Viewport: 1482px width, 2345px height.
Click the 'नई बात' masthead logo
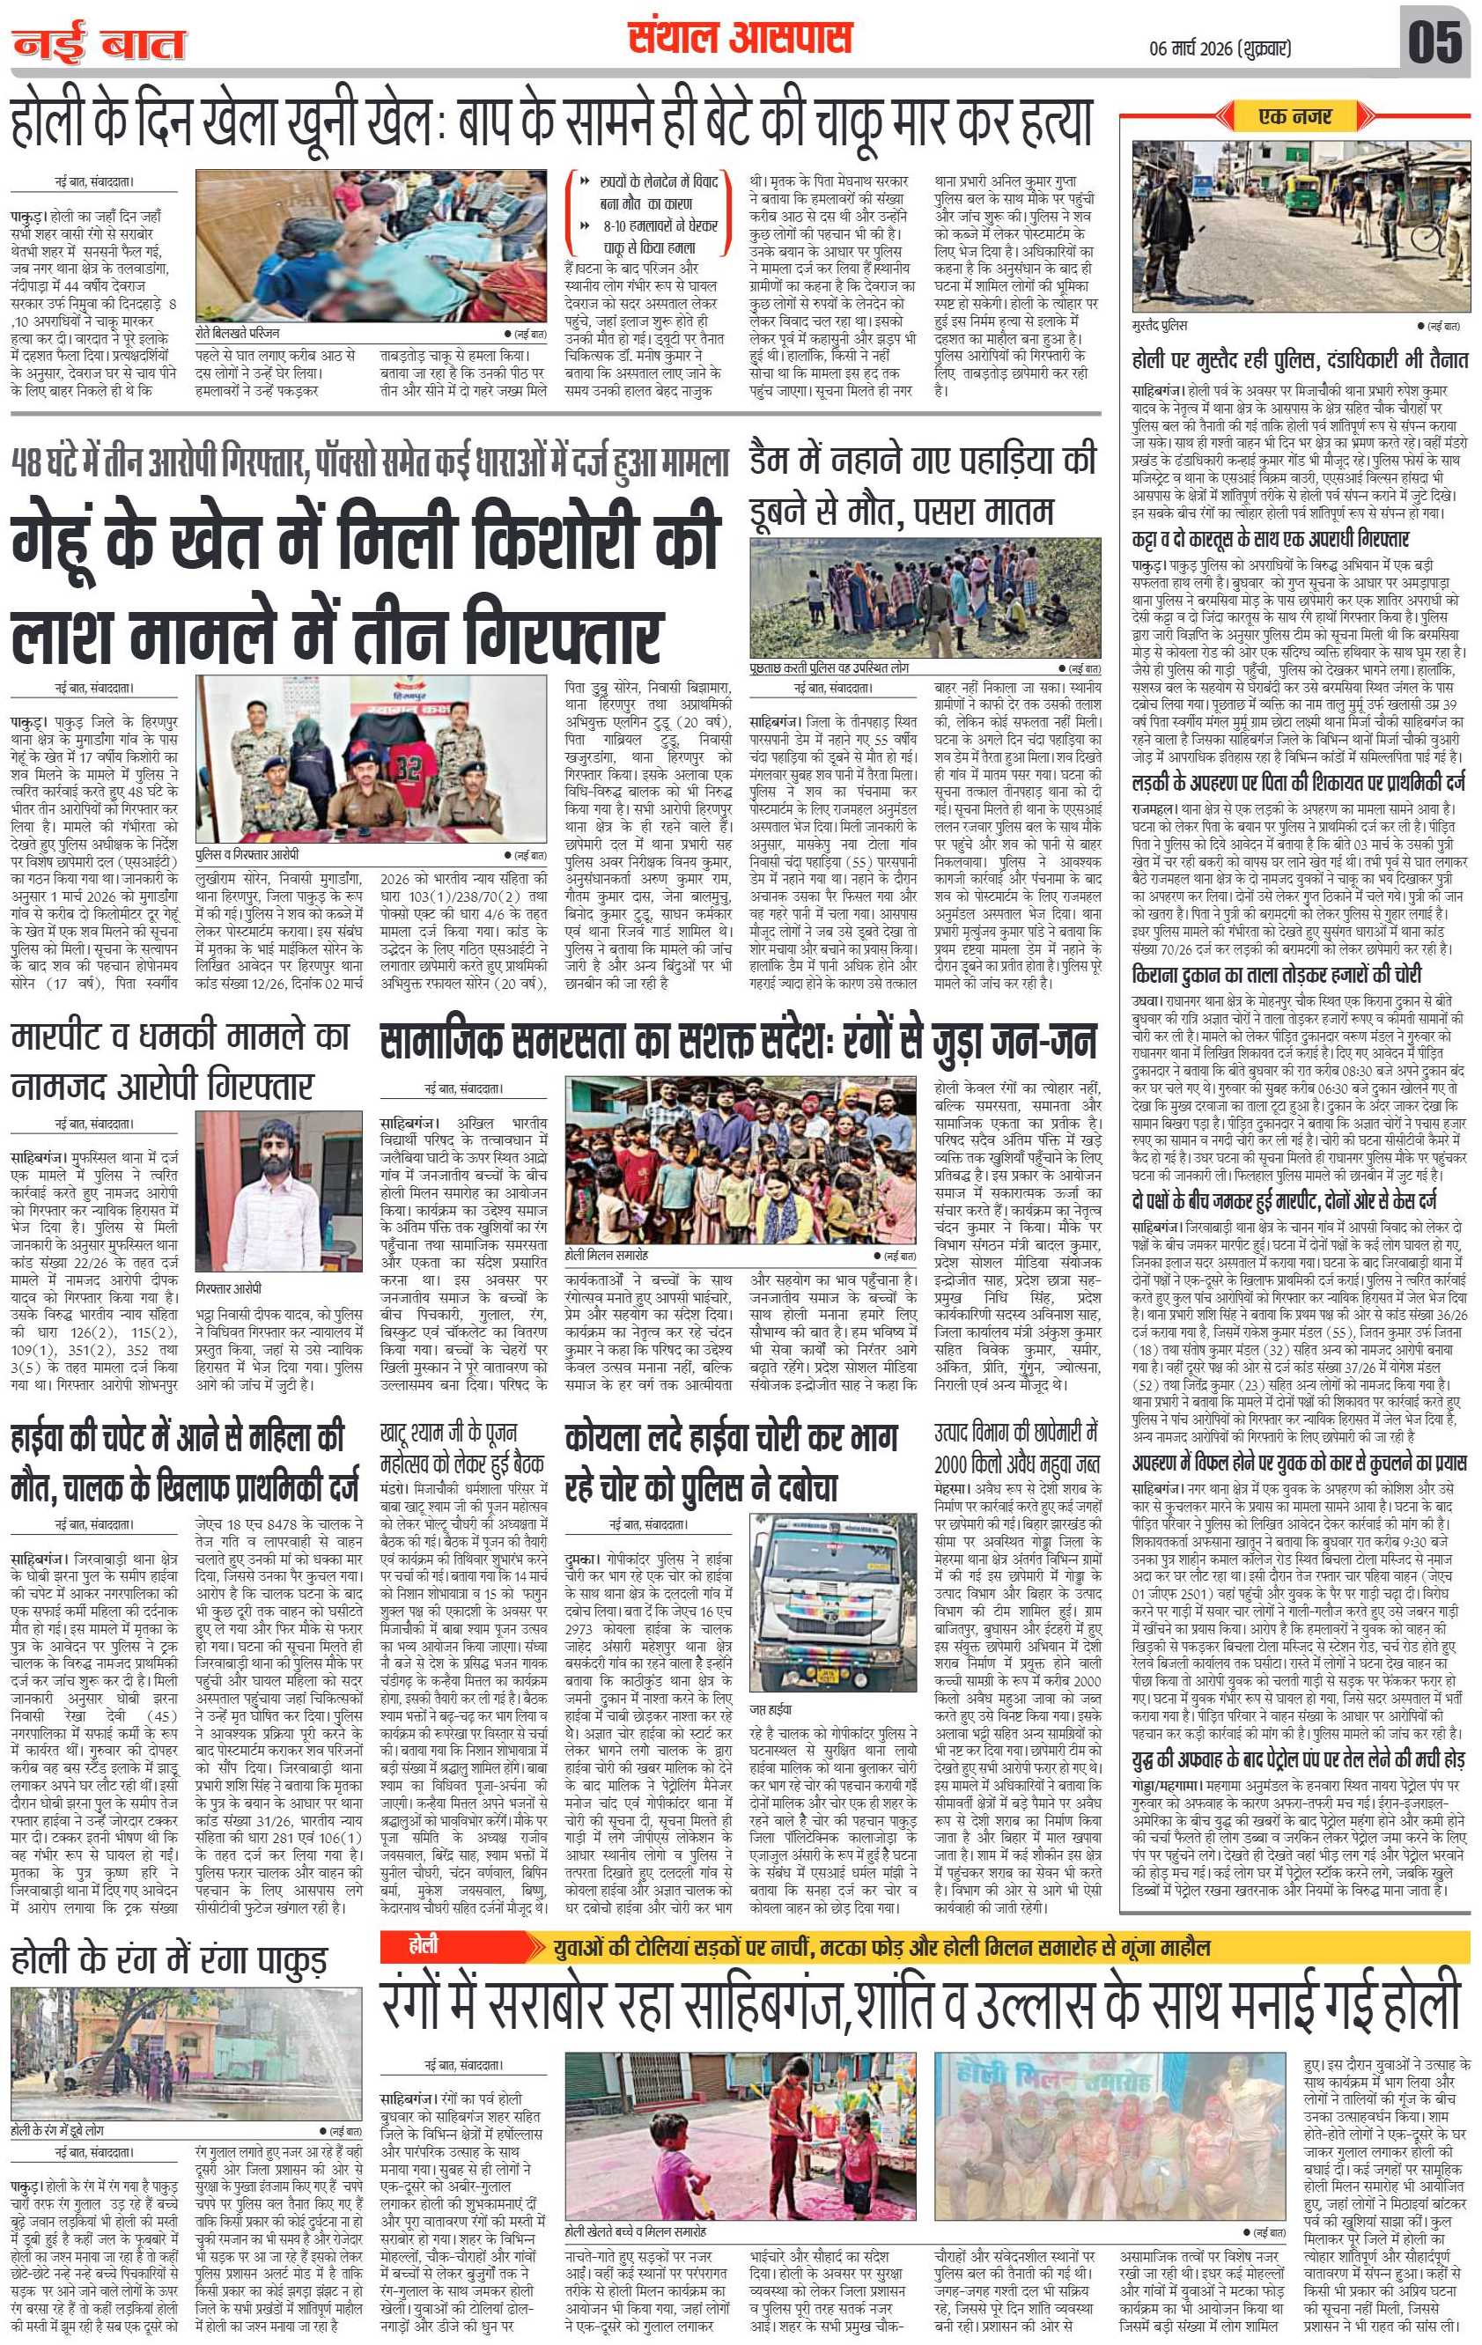point(99,44)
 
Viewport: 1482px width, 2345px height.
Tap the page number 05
point(1434,43)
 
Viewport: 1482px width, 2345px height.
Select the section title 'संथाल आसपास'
point(740,39)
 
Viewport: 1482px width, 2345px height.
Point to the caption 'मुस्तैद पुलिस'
point(1161,325)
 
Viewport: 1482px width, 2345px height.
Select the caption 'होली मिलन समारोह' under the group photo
point(607,1256)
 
